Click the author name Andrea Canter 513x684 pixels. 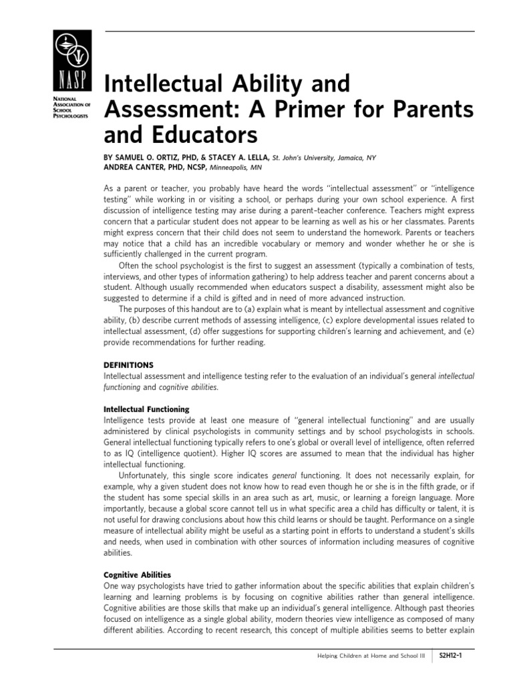135,168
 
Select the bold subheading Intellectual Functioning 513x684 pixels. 146,409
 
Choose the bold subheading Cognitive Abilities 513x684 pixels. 138,574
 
